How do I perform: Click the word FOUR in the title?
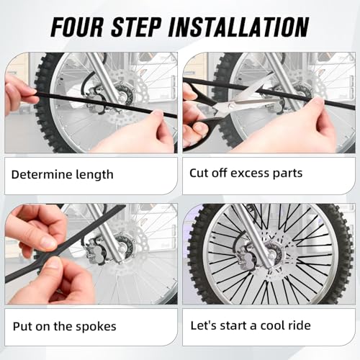point(77,27)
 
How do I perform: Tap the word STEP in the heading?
point(136,27)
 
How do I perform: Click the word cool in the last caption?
point(274,325)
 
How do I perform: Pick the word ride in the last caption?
point(300,325)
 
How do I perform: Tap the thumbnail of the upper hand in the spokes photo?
point(48,242)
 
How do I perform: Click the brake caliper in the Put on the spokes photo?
point(95,250)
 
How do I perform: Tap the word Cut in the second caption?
point(198,173)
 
